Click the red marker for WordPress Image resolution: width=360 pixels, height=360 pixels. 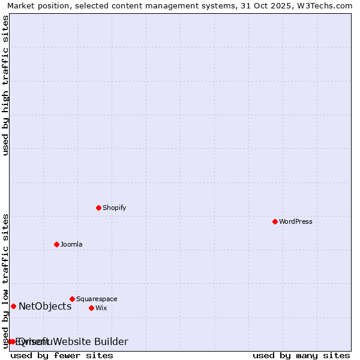tap(275, 221)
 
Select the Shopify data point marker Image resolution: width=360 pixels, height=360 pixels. tap(98, 208)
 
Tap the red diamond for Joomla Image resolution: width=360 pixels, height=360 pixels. tap(56, 244)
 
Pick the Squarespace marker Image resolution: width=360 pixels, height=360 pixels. tap(72, 299)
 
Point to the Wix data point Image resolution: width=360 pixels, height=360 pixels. tap(91, 308)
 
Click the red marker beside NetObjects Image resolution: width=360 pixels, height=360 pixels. tap(13, 306)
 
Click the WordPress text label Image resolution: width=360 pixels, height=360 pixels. tap(295, 221)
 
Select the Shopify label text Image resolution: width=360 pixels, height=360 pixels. tap(114, 208)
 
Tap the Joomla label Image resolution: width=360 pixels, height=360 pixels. tap(71, 244)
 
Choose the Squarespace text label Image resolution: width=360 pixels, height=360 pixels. tap(97, 299)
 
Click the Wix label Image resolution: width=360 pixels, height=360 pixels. tap(101, 308)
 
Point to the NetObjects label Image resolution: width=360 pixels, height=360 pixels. tap(45, 306)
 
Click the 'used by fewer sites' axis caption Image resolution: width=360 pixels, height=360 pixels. tap(62, 355)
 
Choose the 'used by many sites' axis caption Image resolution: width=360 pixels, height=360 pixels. tap(301, 355)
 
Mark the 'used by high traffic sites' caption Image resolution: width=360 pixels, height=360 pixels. tap(5, 85)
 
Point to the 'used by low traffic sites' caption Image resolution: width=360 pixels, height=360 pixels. tap(5, 281)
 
